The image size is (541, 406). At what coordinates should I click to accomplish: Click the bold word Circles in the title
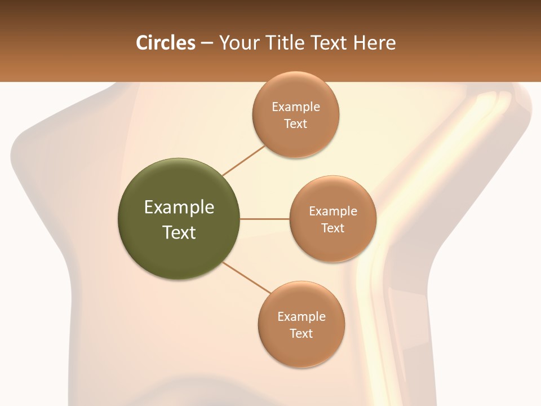click(x=165, y=43)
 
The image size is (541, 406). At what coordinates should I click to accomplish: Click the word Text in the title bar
click(x=330, y=43)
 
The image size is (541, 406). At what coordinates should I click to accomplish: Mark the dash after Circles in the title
click(x=207, y=43)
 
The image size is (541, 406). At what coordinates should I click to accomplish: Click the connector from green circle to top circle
click(x=243, y=160)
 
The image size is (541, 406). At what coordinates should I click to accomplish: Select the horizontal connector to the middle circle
click(x=264, y=219)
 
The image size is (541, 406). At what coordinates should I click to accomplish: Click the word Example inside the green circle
click(x=179, y=208)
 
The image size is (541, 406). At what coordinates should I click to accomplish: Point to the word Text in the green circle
click(x=179, y=232)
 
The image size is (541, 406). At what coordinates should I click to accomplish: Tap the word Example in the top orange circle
click(x=295, y=107)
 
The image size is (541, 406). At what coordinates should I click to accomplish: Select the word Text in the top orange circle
click(x=295, y=124)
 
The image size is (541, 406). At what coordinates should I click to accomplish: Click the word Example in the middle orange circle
click(x=332, y=211)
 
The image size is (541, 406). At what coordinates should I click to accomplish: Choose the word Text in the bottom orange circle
click(x=301, y=334)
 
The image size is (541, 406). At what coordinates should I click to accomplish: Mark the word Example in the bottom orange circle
click(x=301, y=317)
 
